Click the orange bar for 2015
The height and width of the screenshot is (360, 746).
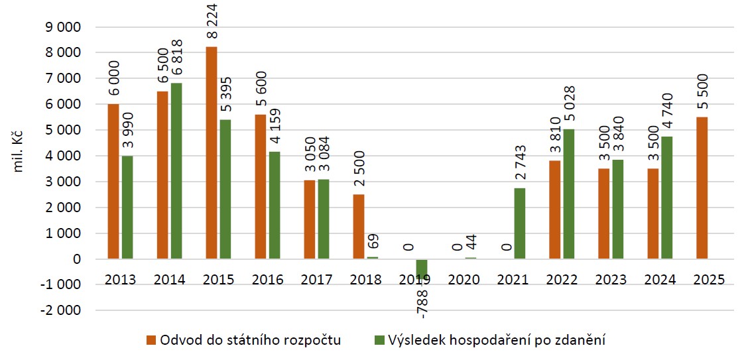point(212,152)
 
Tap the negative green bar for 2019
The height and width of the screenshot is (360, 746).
point(422,269)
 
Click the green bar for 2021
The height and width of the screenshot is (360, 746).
point(519,223)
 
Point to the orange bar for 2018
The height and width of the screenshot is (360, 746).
point(359,226)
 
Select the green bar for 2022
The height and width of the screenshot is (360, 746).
point(568,194)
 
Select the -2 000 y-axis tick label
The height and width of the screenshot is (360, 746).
point(59,310)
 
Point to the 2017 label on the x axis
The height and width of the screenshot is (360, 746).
point(317,279)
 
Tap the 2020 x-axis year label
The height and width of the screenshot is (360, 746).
point(464,279)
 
